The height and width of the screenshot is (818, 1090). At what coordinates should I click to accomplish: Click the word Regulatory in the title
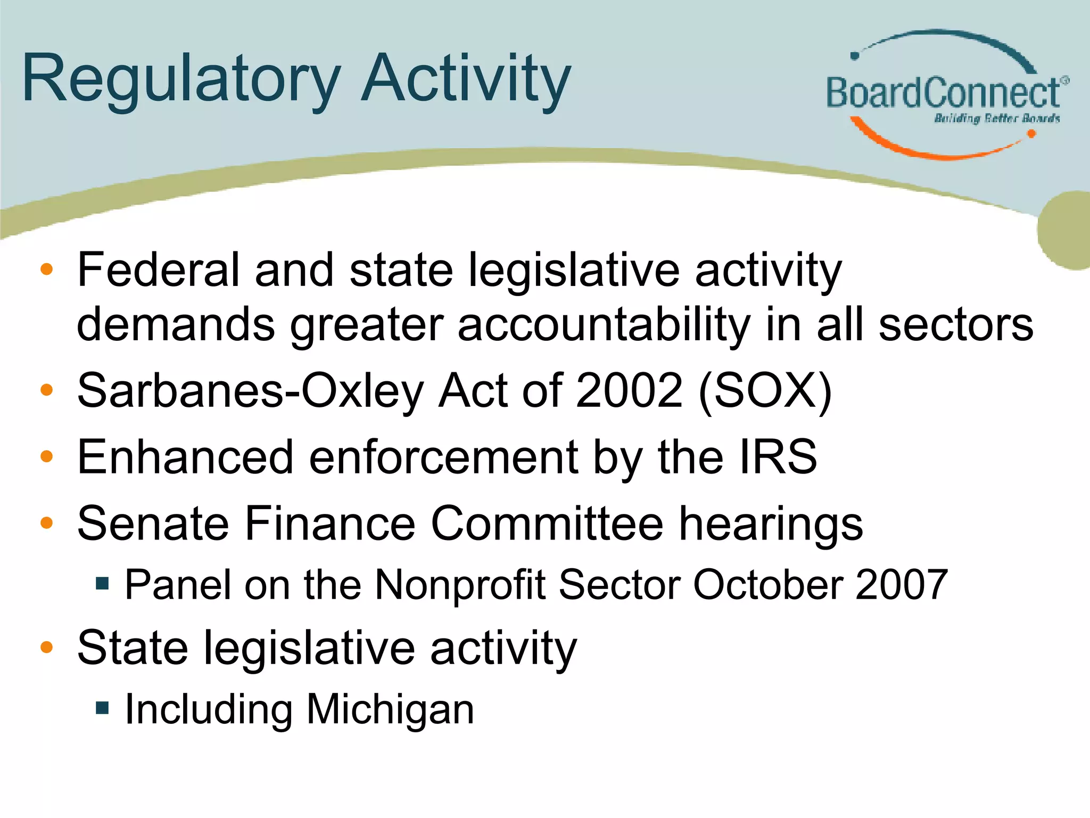pyautogui.click(x=181, y=80)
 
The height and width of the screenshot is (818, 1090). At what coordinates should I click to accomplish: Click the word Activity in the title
pyautogui.click(x=466, y=80)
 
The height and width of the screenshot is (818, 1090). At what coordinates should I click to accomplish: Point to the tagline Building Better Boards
pyautogui.click(x=996, y=118)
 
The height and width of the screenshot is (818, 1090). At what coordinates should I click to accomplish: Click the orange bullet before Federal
pyautogui.click(x=47, y=269)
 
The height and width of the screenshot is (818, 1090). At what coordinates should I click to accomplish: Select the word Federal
pyautogui.click(x=158, y=270)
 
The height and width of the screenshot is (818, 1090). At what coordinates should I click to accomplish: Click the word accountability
pyautogui.click(x=604, y=324)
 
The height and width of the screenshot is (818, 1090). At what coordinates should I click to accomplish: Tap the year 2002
pyautogui.click(x=629, y=391)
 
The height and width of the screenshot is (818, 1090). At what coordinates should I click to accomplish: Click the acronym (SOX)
pyautogui.click(x=765, y=391)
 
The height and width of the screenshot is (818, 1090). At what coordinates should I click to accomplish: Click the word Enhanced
pyautogui.click(x=185, y=457)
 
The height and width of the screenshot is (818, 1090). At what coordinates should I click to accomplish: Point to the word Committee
pyautogui.click(x=547, y=523)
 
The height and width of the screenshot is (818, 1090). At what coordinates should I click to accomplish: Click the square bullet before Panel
pyautogui.click(x=102, y=584)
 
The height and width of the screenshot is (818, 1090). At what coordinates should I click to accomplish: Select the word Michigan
pyautogui.click(x=390, y=710)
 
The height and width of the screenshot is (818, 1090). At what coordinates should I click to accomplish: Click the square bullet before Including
pyautogui.click(x=102, y=708)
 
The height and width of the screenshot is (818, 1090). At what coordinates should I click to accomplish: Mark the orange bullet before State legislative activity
pyautogui.click(x=47, y=648)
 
